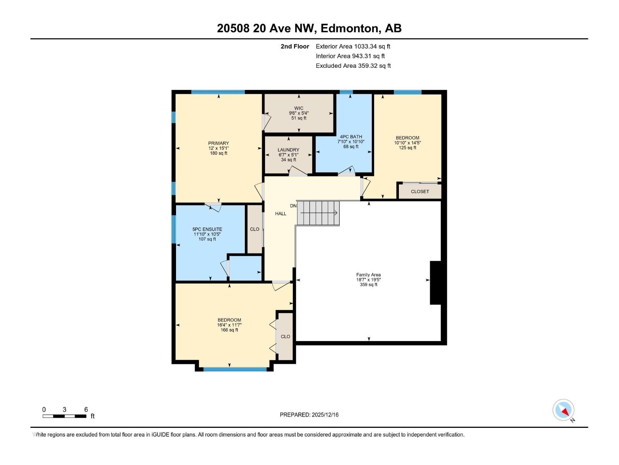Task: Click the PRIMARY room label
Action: [219, 143]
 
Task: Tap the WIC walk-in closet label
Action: [299, 108]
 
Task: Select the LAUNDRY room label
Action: [288, 150]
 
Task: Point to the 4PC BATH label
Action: [351, 137]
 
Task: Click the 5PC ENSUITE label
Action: [207, 229]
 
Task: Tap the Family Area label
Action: [368, 275]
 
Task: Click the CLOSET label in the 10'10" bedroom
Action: [420, 191]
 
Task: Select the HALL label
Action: [280, 214]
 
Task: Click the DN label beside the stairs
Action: [293, 206]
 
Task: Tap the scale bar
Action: [64, 416]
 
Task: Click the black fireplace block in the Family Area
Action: [436, 282]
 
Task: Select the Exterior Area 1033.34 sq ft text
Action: [353, 46]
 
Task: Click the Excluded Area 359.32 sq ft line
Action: [353, 66]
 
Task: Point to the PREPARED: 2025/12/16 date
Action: [309, 415]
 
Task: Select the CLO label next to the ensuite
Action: [255, 229]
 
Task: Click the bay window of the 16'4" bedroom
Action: [235, 369]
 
